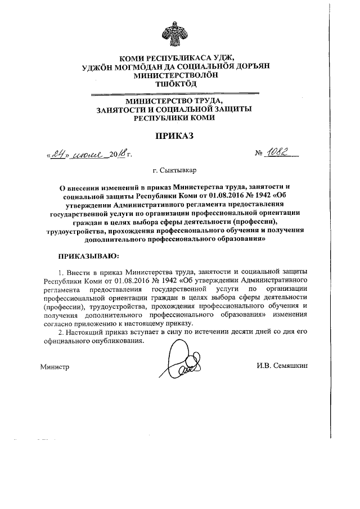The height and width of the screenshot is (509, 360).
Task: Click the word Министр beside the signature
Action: [x=55, y=367]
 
